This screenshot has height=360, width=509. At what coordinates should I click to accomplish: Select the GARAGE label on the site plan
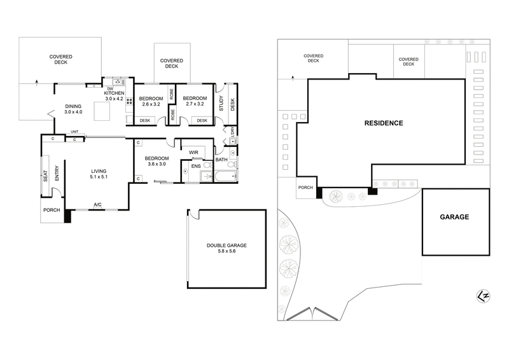pyautogui.click(x=454, y=217)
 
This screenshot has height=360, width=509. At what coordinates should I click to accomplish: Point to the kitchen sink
pyautogui.click(x=118, y=82)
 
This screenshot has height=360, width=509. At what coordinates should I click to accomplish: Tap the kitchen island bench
pyautogui.click(x=103, y=112)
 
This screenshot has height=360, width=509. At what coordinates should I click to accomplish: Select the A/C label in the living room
pyautogui.click(x=97, y=204)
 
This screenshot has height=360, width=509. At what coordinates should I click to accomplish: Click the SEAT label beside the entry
pyautogui.click(x=46, y=176)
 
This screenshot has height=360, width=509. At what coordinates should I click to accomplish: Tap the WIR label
pyautogui.click(x=193, y=153)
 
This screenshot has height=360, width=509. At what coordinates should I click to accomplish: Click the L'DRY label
pyautogui.click(x=232, y=132)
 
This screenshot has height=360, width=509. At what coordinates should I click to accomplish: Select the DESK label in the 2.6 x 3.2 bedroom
pyautogui.click(x=144, y=120)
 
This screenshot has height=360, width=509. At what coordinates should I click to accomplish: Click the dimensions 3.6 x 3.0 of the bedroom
pyautogui.click(x=156, y=164)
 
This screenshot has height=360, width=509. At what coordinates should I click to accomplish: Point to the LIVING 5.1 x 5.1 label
pyautogui.click(x=98, y=174)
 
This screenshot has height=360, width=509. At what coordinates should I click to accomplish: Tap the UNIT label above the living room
pyautogui.click(x=74, y=132)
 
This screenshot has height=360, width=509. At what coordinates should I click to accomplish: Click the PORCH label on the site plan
pyautogui.click(x=305, y=188)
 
